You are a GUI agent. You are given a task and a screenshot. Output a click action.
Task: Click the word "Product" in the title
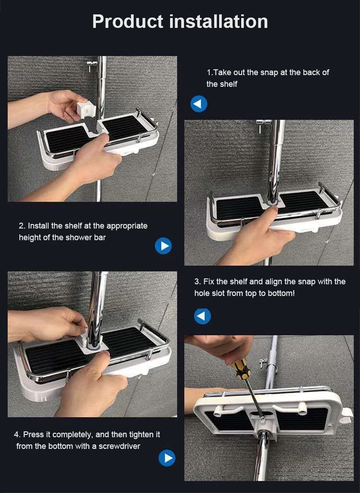point(128,22)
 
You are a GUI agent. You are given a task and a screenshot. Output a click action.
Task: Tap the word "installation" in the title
point(219,22)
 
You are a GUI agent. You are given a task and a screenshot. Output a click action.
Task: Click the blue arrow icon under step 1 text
point(199,104)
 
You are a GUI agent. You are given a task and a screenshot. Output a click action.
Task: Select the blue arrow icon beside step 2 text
point(163,246)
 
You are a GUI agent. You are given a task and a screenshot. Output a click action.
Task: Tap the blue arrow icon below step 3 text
point(202,316)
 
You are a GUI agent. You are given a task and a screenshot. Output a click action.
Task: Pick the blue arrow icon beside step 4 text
point(167,458)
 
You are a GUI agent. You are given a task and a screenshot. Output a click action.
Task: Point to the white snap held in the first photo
point(86,109)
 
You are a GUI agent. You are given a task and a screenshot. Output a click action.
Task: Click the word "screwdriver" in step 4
point(120,446)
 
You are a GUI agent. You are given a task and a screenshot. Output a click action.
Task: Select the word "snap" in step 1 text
point(269,72)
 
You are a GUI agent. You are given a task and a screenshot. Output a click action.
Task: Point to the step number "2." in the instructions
point(22,226)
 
